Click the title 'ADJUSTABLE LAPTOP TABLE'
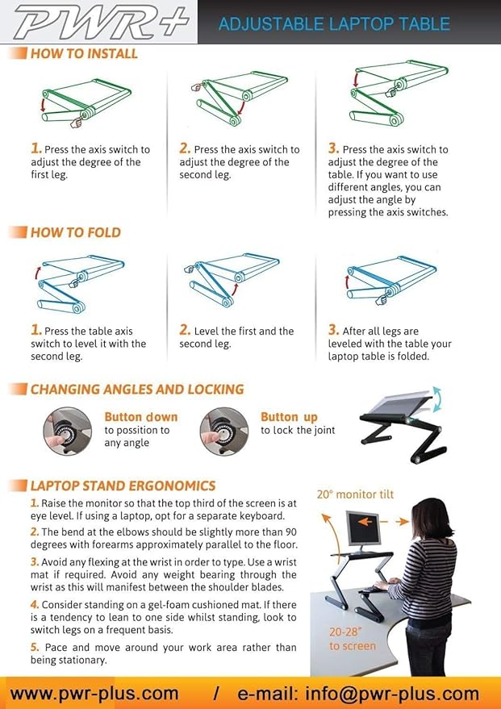click(334, 23)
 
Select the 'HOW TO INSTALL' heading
click(84, 54)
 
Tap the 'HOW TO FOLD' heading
click(75, 232)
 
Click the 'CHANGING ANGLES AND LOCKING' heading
click(136, 390)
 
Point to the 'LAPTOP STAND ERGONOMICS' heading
click(123, 486)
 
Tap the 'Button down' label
click(140, 417)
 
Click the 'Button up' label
click(289, 417)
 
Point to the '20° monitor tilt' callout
click(354, 494)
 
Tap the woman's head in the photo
click(424, 516)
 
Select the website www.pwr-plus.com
click(94, 693)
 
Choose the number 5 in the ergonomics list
click(35, 647)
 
